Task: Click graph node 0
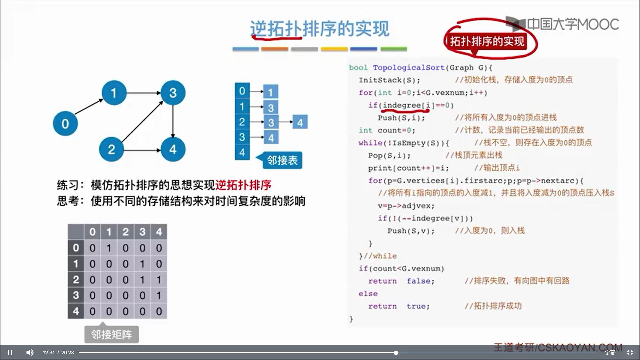click(65, 124)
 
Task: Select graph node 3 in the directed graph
click(173, 93)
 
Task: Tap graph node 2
click(111, 149)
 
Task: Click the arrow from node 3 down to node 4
click(173, 121)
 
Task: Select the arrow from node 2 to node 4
click(142, 150)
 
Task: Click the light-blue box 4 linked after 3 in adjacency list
click(300, 122)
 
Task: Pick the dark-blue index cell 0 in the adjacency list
click(242, 91)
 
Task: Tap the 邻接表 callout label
click(282, 160)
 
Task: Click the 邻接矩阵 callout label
click(111, 334)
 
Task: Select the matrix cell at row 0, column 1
click(109, 248)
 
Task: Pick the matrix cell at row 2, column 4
click(159, 279)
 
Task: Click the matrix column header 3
click(142, 232)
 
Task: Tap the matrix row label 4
click(76, 311)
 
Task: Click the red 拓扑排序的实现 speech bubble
click(487, 41)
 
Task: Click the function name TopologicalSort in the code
click(409, 68)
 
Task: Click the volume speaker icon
click(30, 352)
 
